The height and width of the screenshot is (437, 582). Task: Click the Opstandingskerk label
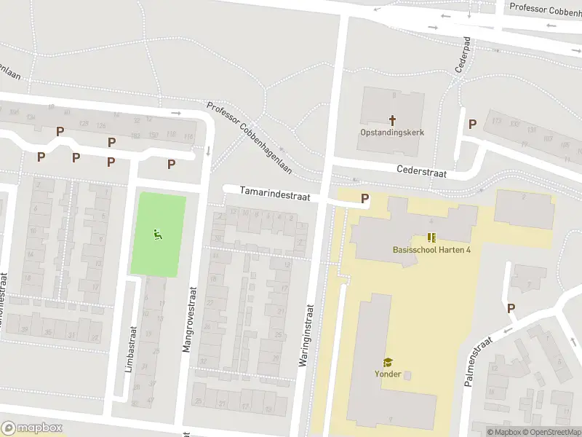point(391,133)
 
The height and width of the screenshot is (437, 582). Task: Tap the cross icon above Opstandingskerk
point(392,119)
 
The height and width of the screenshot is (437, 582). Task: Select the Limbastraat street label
point(130,350)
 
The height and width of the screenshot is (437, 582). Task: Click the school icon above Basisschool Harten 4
point(431,238)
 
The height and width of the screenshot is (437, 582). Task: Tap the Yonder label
point(388,375)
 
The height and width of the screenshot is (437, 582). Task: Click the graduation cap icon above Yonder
point(388,362)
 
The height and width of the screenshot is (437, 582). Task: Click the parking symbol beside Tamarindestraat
point(364,198)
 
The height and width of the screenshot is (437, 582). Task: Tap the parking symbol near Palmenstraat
point(511,309)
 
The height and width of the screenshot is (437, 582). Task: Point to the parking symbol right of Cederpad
point(472,124)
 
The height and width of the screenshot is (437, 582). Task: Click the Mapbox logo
point(32,428)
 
